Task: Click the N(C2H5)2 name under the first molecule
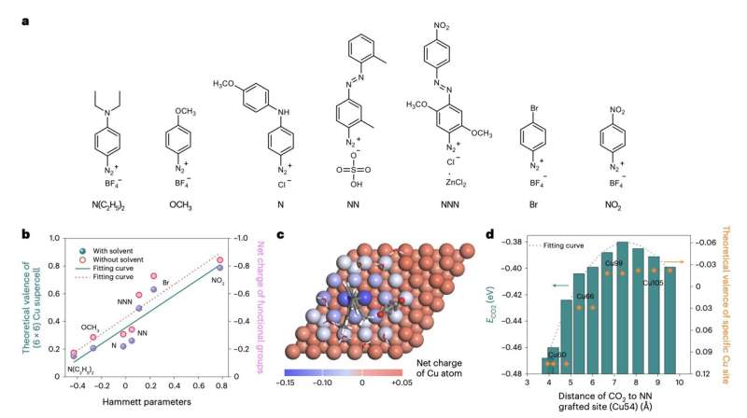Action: coord(111,201)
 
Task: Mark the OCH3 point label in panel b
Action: coord(90,327)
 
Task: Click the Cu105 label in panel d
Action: coord(651,283)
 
